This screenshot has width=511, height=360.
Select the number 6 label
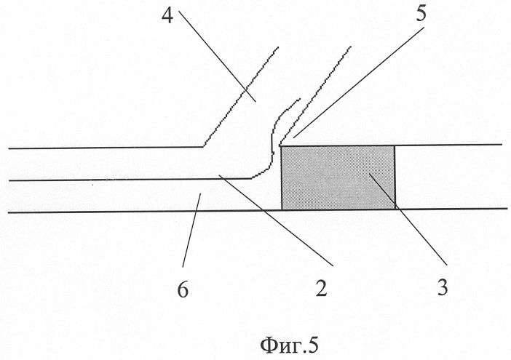tap(183, 289)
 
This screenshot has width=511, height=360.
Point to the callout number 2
tap(321, 288)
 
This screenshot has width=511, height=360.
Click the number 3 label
tap(443, 288)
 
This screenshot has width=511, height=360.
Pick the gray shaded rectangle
tap(338, 177)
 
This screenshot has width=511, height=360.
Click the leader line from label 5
tap(358, 82)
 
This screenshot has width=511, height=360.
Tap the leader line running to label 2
tap(276, 220)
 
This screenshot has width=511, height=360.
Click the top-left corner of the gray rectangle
tap(281, 146)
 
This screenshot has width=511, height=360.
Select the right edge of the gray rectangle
tap(395, 177)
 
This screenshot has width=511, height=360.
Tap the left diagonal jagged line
tap(240, 97)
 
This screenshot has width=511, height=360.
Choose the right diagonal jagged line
tap(314, 96)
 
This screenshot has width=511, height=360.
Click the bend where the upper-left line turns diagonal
tap(203, 147)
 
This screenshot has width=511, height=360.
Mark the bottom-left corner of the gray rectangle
tap(282, 210)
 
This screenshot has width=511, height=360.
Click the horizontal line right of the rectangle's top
tap(448, 145)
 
